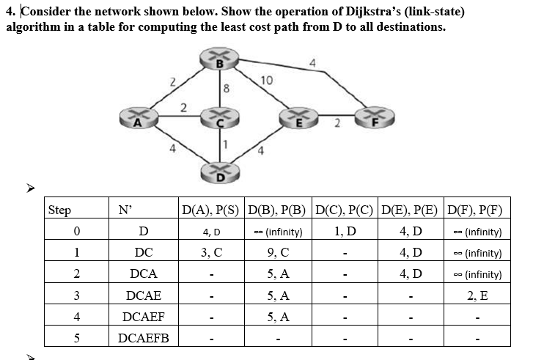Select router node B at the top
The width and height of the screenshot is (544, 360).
coord(218,62)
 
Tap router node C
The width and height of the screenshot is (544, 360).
coord(218,119)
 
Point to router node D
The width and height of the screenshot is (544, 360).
coord(218,174)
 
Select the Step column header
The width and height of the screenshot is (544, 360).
coord(59,210)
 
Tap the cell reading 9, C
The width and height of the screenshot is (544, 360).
coord(279,253)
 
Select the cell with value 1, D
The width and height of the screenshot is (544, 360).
coord(345,232)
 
